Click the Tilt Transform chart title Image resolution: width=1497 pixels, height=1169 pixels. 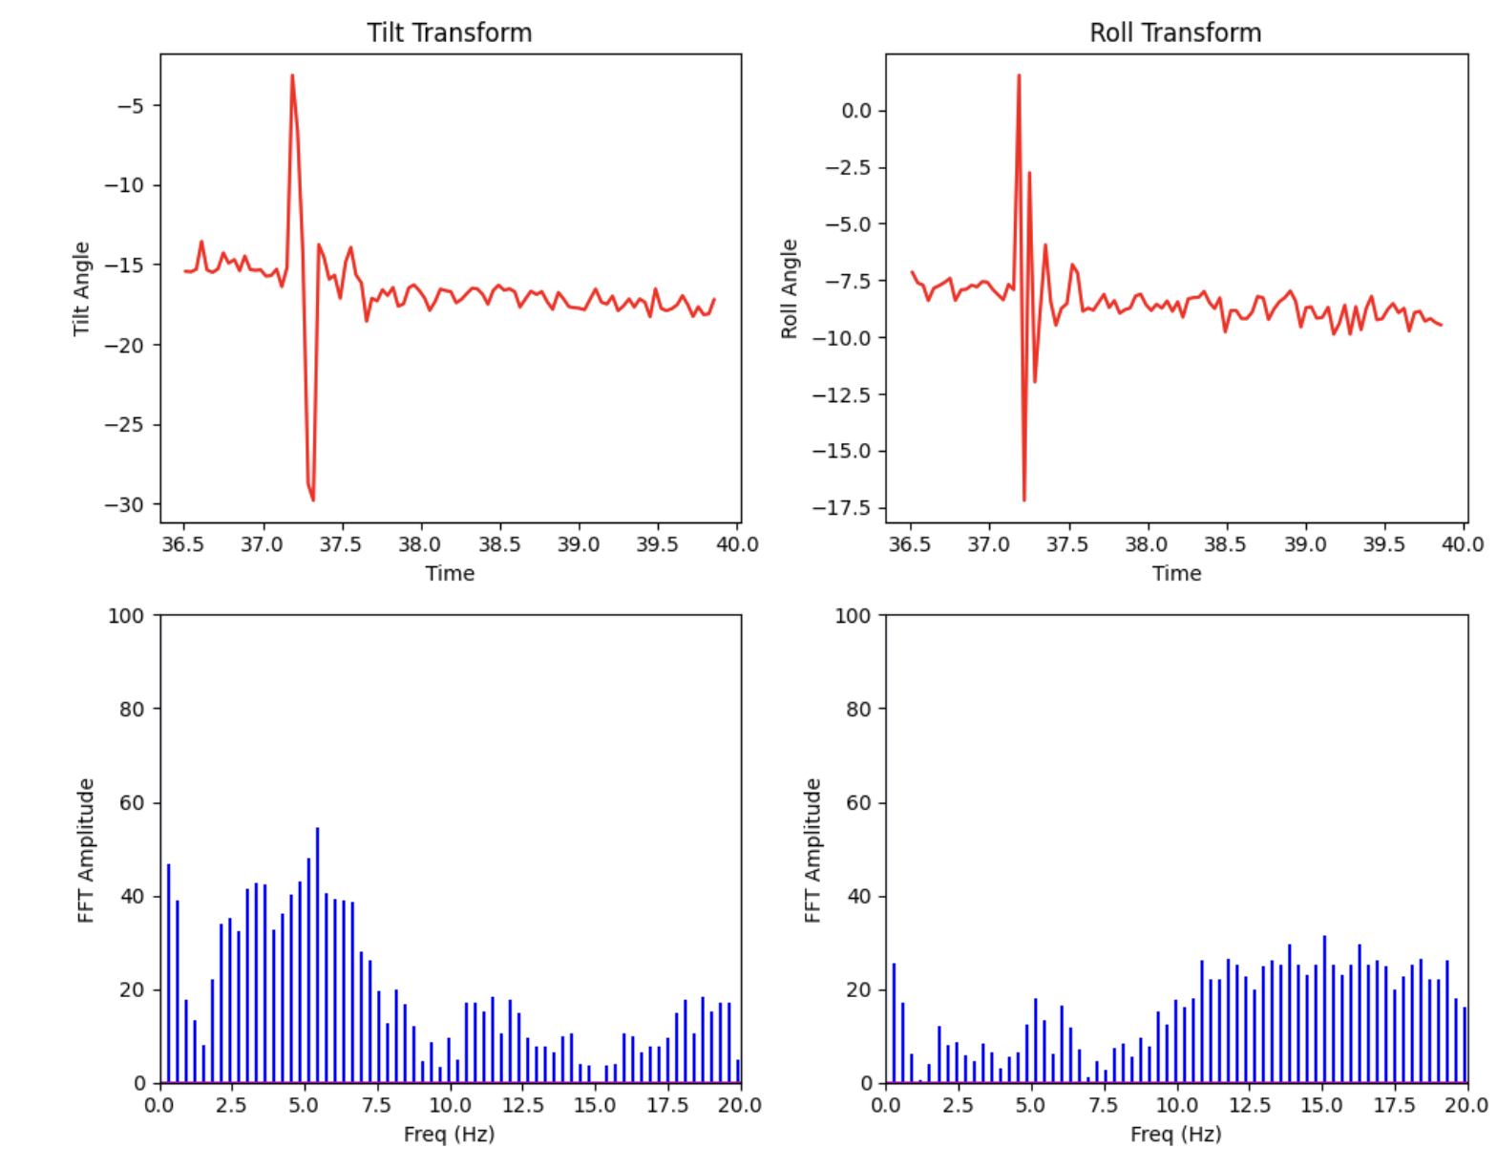point(449,32)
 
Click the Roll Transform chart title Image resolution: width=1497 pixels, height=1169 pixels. point(1175,32)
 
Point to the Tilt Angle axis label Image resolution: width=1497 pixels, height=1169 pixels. point(81,288)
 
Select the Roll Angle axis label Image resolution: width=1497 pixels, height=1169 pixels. point(789,288)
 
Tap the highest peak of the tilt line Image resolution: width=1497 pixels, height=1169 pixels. point(292,75)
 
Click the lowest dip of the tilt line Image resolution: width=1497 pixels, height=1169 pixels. point(312,499)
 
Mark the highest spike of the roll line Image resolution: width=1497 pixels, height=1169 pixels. point(1019,75)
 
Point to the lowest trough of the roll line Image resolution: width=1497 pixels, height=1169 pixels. point(1024,499)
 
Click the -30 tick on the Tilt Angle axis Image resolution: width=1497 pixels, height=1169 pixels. point(131,505)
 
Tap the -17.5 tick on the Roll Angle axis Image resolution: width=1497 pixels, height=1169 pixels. point(843,508)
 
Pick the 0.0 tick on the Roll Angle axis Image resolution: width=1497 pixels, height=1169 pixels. point(856,111)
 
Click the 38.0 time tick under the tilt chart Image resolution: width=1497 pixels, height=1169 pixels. point(420,544)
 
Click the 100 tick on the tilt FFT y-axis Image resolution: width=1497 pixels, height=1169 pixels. point(126,616)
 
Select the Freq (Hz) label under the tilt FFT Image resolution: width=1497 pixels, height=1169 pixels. point(449,1135)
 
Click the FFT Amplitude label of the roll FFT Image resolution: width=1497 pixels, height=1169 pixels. point(812,850)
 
